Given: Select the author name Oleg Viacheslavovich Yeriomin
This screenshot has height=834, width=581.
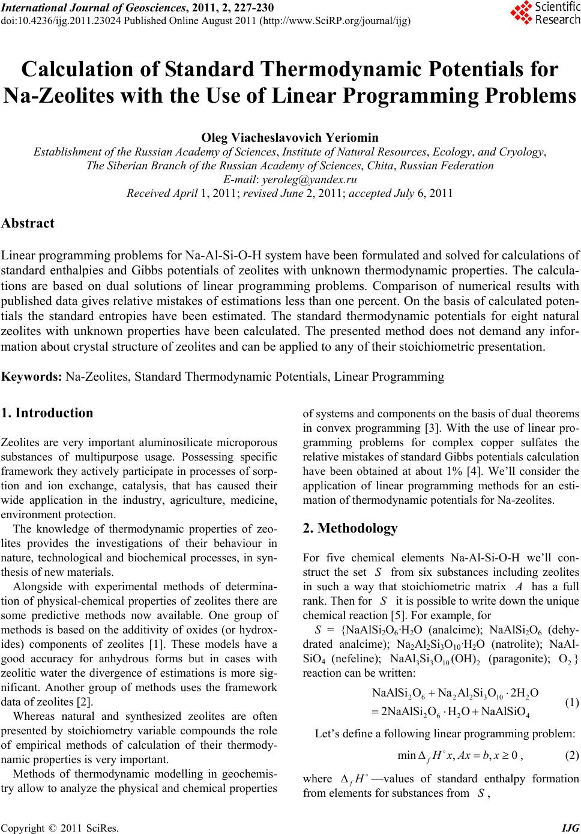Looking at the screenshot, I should [x=290, y=137].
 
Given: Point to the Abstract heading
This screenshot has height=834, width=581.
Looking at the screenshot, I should [x=28, y=223].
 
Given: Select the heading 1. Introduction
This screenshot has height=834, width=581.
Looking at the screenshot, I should [x=47, y=413].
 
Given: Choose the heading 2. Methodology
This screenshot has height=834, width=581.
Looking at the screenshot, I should [x=350, y=528].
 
